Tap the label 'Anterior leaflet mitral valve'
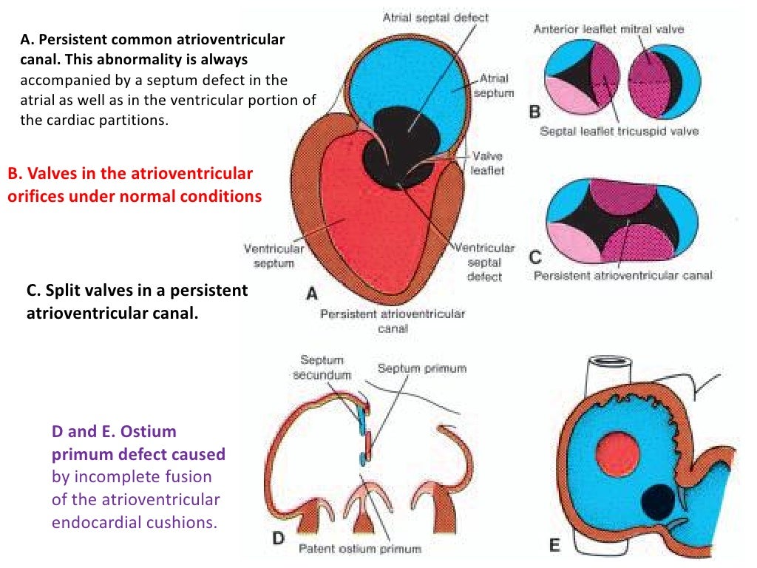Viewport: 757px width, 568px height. click(608, 29)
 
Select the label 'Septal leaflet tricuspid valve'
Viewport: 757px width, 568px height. click(619, 132)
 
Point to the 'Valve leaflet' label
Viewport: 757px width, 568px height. click(486, 163)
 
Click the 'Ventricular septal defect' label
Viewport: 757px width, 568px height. click(484, 262)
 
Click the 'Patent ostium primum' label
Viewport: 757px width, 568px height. click(359, 549)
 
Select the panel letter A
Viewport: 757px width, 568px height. click(312, 294)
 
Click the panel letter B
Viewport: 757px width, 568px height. click(536, 112)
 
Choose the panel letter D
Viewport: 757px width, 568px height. click(278, 538)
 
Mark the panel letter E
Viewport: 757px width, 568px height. click(554, 545)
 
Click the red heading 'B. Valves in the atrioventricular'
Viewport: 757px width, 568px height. click(130, 174)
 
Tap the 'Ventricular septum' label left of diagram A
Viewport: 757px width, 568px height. click(274, 256)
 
